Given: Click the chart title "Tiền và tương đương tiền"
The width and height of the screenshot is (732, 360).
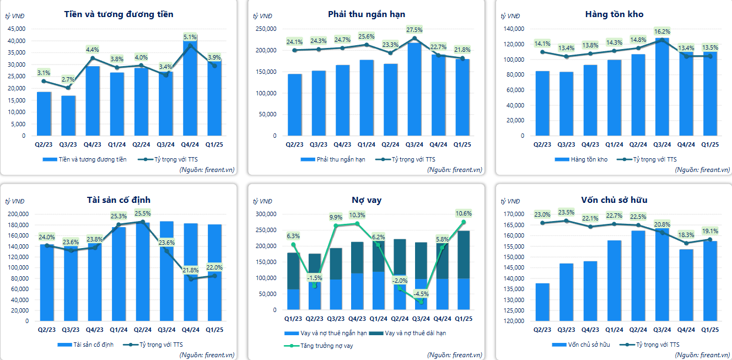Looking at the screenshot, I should tap(119, 14).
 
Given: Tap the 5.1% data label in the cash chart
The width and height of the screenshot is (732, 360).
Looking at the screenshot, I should tap(190, 37).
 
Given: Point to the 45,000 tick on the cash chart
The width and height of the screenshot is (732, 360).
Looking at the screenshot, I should tap(18, 29).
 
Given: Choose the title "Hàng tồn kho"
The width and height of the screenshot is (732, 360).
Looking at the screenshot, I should tap(614, 14).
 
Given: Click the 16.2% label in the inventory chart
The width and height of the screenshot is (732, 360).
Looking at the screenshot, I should tap(662, 31).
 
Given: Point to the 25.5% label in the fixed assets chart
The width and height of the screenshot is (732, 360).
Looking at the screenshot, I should tap(142, 213).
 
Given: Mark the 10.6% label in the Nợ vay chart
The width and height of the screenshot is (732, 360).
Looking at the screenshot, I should tap(464, 213).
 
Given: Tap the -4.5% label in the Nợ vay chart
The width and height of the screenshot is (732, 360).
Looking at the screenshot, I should tap(422, 294).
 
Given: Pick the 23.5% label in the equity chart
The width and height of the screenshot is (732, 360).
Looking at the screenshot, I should tap(566, 212).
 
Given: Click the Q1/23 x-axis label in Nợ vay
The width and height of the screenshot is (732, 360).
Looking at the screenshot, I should tap(293, 319).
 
